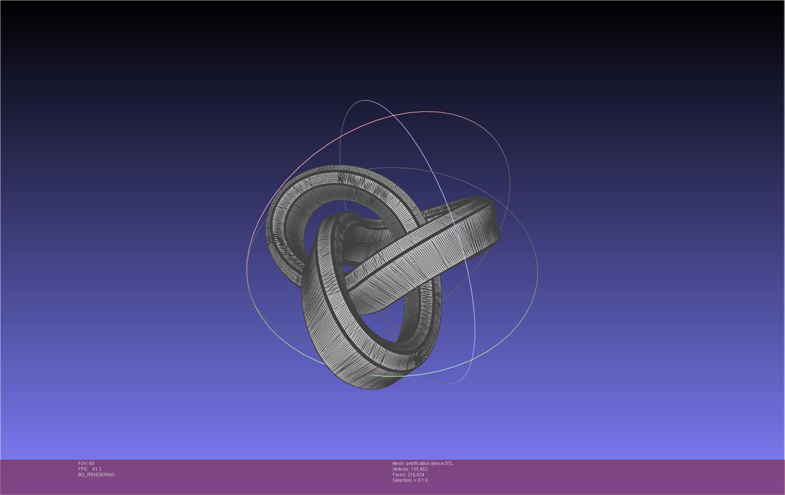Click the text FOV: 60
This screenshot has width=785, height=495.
coord(86,463)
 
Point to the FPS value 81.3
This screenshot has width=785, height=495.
coord(97,469)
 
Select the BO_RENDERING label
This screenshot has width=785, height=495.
coord(96,475)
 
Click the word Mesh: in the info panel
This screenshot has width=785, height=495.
coord(398,463)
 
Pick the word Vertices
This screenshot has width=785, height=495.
coord(401,469)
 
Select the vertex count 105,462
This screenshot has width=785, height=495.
coord(419,469)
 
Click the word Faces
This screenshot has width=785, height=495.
coord(399,475)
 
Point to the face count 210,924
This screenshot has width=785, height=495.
coord(416,475)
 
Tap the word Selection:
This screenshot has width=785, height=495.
coord(402,480)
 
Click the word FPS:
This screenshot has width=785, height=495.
coord(83,469)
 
